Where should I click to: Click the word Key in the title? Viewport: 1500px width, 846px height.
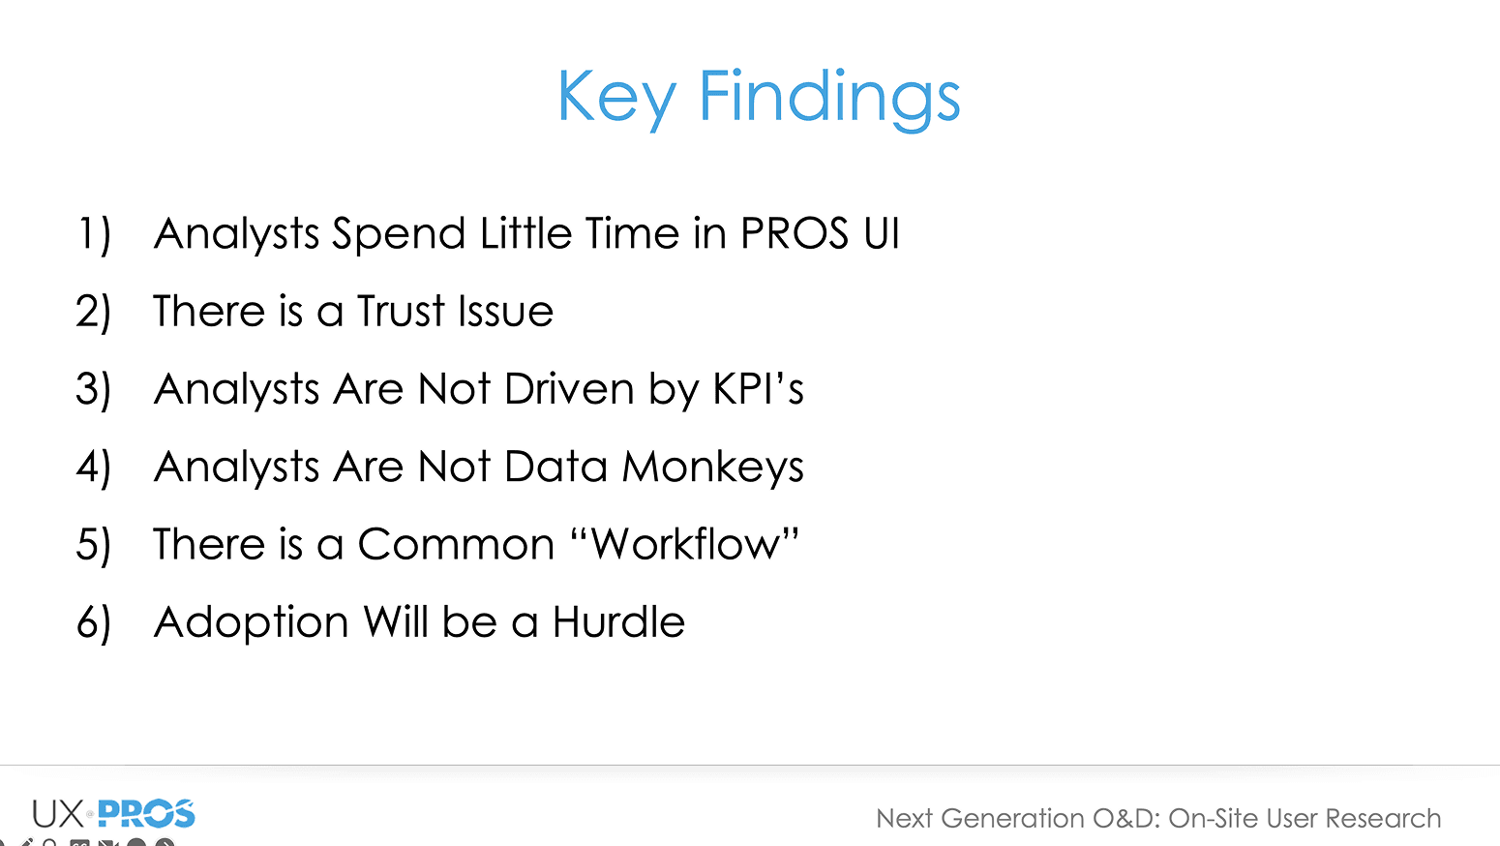616,98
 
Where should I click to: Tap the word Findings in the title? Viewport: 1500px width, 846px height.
829,98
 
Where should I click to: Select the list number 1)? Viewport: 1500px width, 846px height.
94,234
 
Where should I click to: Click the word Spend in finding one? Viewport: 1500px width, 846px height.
399,234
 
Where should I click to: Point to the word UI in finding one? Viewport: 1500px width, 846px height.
882,233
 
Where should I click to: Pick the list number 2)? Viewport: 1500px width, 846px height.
94,312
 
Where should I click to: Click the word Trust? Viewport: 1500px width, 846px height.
401,311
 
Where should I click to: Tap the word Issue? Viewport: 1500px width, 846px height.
505,311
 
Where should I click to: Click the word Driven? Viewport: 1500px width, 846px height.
569,388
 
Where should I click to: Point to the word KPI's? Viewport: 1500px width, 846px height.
758,388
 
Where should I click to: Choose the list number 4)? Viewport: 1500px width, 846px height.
94,468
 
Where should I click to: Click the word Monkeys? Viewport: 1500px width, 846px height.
712,468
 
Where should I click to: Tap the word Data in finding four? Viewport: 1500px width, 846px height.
555,467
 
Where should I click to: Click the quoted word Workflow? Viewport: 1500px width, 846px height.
686,543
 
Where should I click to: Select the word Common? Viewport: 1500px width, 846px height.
456,544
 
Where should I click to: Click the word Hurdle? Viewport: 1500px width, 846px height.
618,621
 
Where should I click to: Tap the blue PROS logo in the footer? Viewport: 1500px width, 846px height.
146,814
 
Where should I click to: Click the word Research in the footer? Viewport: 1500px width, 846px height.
1383,819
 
